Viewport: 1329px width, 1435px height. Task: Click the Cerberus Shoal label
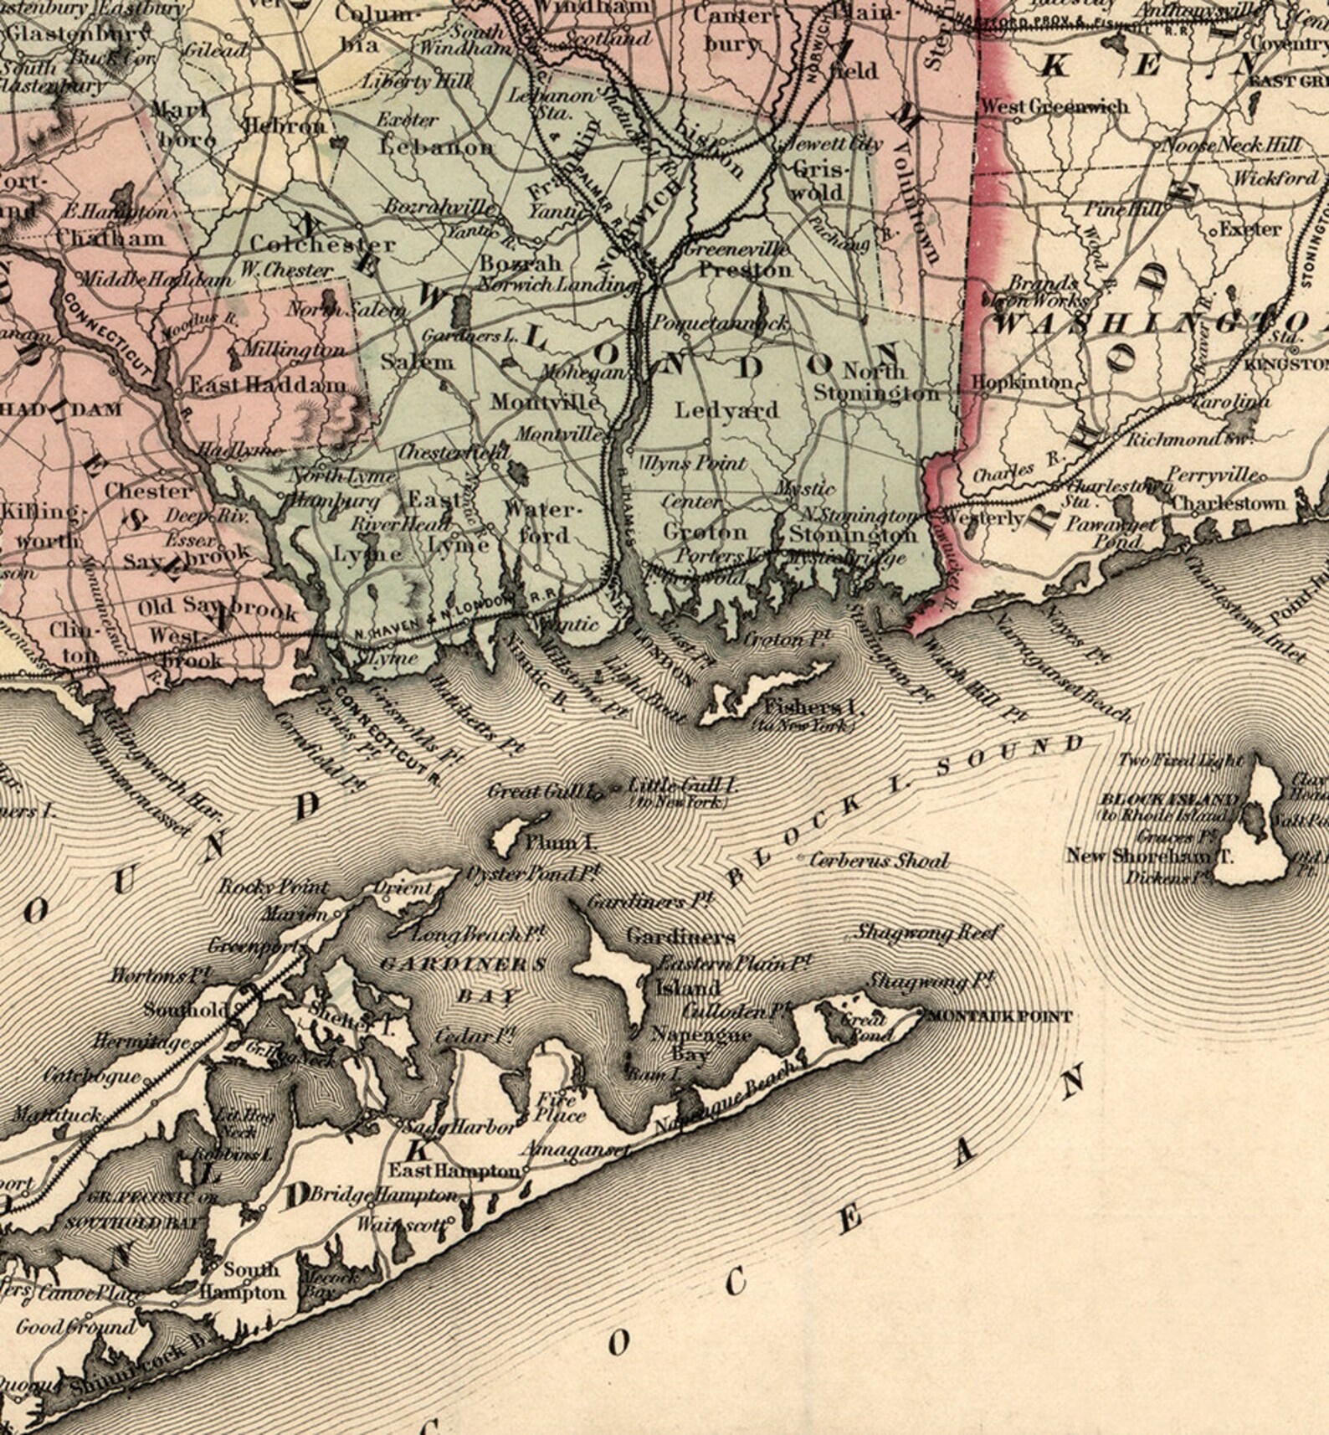tap(880, 860)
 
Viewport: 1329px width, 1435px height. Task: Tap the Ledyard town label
tap(726, 410)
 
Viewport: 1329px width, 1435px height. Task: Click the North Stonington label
tap(875, 382)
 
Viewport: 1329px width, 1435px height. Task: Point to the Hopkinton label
tap(1021, 382)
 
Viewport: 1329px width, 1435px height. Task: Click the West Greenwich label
tap(1054, 106)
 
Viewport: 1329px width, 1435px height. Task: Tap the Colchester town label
tap(321, 244)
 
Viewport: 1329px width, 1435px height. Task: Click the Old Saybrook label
tap(217, 609)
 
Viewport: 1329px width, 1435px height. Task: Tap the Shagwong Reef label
tap(927, 932)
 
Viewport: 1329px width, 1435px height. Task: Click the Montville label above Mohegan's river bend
tap(545, 402)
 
